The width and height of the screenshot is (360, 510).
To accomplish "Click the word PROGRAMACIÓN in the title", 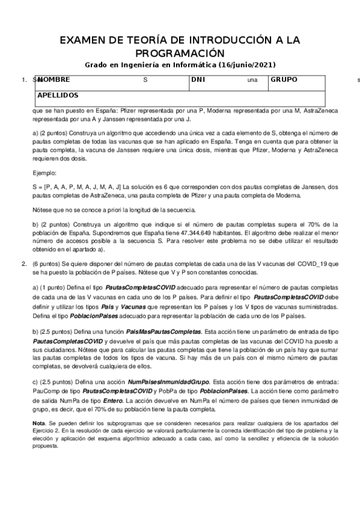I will point(180,53).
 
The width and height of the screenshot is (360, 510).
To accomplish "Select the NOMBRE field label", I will point(53,79).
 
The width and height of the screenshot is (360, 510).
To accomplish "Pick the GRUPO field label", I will point(284,79).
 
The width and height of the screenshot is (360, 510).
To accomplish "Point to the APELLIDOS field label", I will point(58,95).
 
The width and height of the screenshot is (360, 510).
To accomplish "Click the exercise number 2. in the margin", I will point(24,263).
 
